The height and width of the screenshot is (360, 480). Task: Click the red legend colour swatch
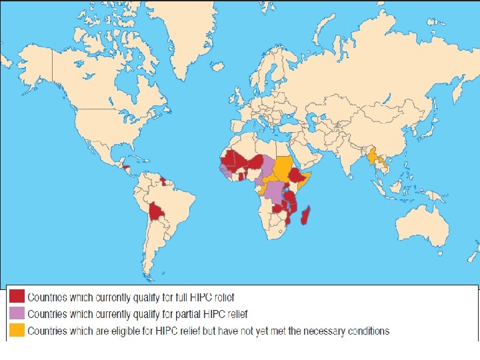pos(17,297)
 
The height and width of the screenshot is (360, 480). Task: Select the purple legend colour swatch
pos(17,313)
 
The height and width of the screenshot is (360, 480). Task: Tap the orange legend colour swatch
pos(17,330)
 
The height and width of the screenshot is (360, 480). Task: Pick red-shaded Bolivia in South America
pos(157,213)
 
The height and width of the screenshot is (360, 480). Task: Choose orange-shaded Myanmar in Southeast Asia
pos(371,157)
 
